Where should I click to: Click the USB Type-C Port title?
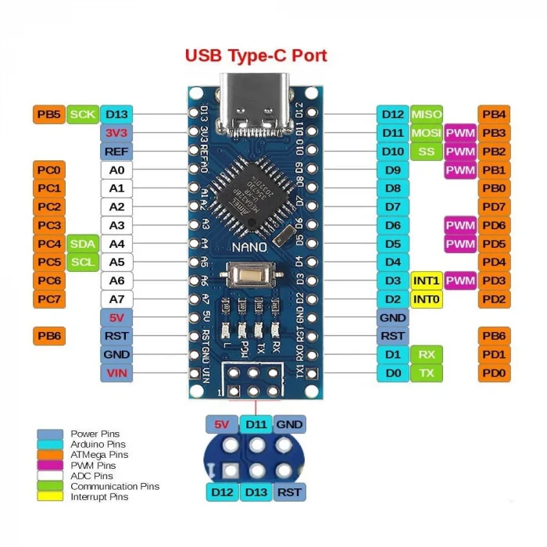tap(256, 55)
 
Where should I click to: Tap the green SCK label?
tap(82, 114)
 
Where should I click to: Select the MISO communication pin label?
tap(427, 114)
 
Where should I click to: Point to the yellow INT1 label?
tap(427, 281)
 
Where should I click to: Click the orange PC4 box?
tap(48, 244)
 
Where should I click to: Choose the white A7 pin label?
tap(116, 299)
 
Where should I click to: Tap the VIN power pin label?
tap(116, 374)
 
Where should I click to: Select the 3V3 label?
tap(116, 133)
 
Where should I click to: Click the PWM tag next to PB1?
tap(460, 170)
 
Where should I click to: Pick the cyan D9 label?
tap(392, 170)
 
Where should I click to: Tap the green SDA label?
tap(82, 244)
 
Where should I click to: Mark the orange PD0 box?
tap(494, 374)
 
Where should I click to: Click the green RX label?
tap(427, 355)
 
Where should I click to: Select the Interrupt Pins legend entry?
tap(98, 496)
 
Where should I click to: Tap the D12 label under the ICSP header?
tap(222, 492)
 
